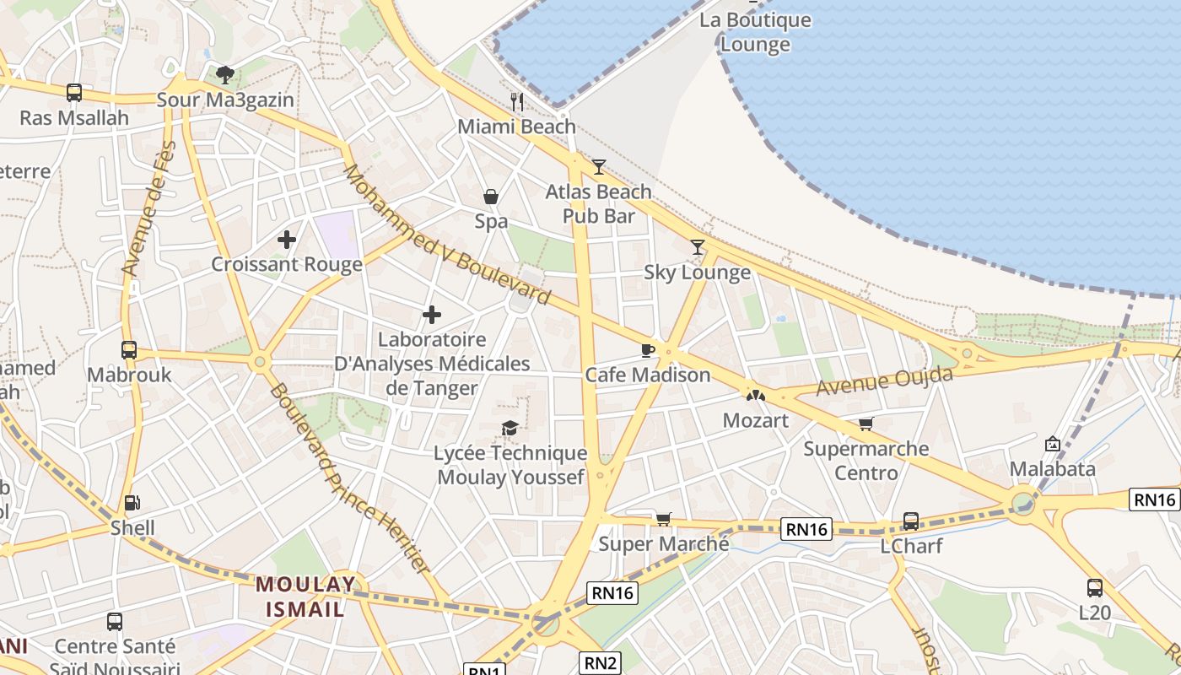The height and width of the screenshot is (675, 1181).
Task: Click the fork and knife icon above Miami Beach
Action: click(517, 102)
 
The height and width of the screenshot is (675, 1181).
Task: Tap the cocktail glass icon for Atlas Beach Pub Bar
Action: click(599, 167)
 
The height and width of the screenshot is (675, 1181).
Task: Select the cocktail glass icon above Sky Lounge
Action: click(697, 247)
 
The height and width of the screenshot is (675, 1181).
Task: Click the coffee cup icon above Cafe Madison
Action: click(647, 350)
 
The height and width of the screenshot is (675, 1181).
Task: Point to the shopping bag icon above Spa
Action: click(491, 197)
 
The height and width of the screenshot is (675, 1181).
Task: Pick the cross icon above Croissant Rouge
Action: click(287, 240)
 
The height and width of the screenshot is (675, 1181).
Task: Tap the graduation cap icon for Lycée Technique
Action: click(510, 429)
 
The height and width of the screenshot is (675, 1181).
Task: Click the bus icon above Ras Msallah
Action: click(74, 93)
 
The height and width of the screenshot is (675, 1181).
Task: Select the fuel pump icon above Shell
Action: click(132, 504)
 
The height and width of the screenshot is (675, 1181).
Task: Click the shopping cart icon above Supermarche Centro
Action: click(866, 424)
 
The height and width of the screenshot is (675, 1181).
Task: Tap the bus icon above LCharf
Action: click(911, 521)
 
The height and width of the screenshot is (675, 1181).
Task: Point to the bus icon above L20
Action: click(1095, 588)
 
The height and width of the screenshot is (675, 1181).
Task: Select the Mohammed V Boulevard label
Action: click(447, 235)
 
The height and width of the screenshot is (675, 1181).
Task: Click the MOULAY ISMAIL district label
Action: click(305, 597)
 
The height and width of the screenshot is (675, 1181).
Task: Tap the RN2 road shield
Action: click(600, 662)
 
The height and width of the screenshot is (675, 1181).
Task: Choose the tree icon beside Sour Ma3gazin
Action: click(225, 75)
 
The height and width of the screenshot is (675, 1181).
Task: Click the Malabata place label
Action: click(1053, 469)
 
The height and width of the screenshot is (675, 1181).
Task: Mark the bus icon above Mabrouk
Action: click(129, 350)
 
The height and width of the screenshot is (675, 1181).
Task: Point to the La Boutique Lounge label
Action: click(755, 32)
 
